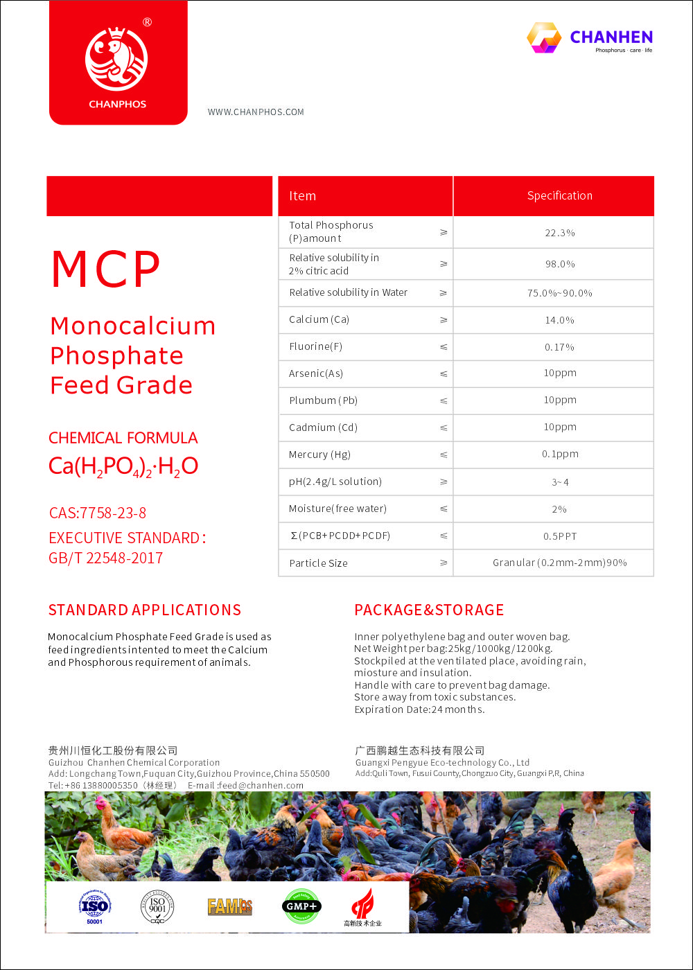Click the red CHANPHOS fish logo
[x=116, y=59]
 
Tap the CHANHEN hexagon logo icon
[x=544, y=37]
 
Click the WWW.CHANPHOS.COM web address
[x=256, y=112]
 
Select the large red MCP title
[x=106, y=270]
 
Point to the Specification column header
[x=559, y=196]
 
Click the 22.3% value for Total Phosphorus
[x=559, y=233]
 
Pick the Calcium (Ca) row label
[x=319, y=319]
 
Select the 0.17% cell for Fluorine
[x=559, y=347]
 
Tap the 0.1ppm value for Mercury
[x=559, y=455]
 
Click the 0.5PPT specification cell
[x=559, y=536]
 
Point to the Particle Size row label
[x=318, y=563]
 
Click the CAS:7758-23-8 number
[x=98, y=513]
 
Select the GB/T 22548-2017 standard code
[x=105, y=558]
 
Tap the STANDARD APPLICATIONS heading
[x=145, y=610]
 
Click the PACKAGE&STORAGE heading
[x=429, y=610]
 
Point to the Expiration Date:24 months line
[x=419, y=709]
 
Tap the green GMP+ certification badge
[x=301, y=906]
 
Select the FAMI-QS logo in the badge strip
[x=230, y=906]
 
